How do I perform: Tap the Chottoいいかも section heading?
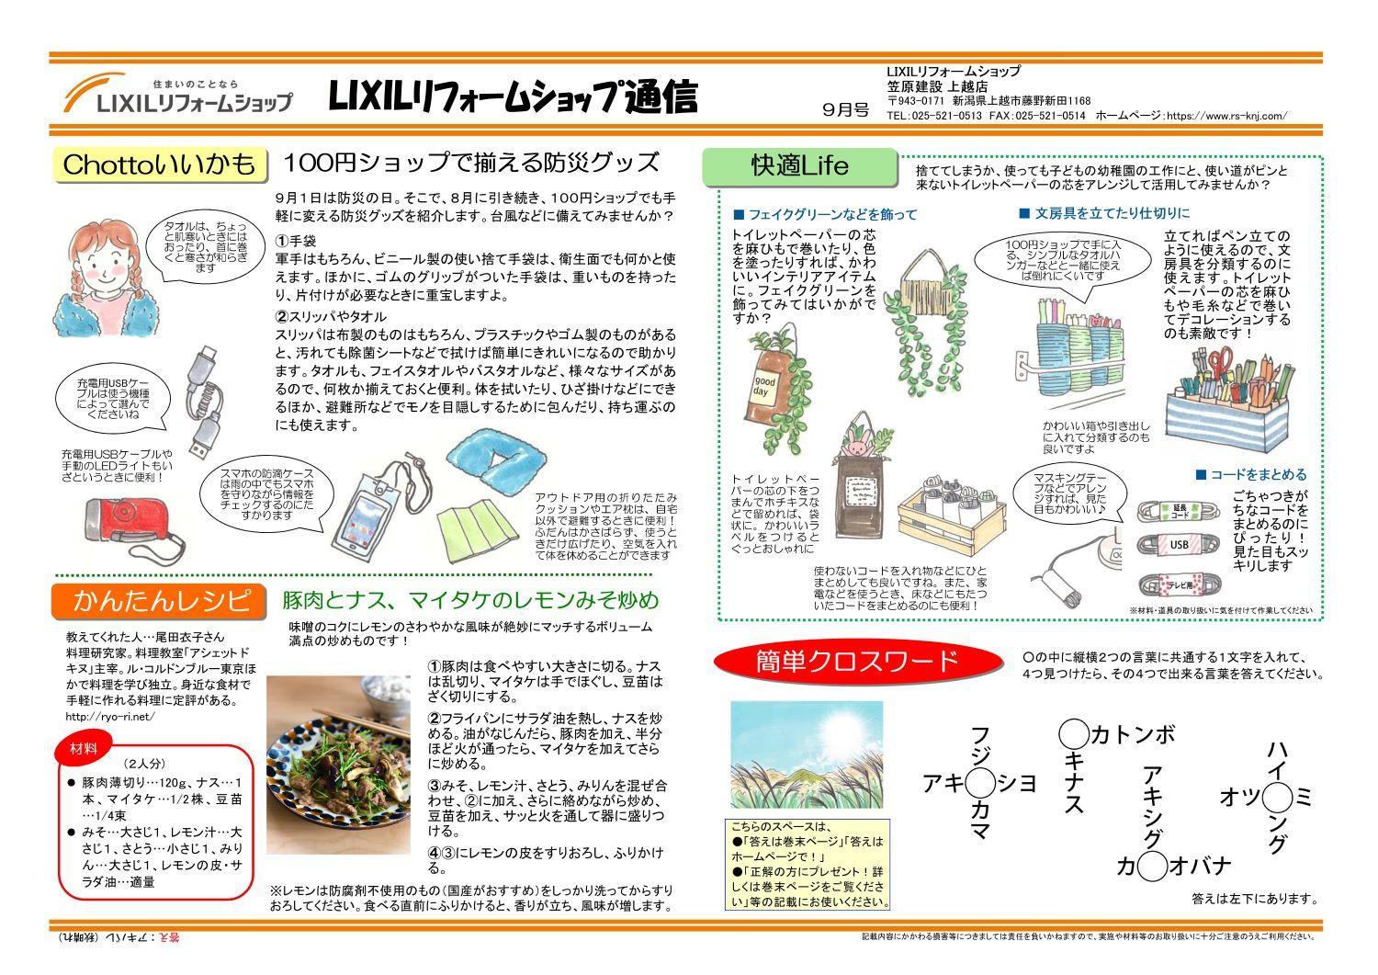pos(159,164)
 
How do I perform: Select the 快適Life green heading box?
pos(798,166)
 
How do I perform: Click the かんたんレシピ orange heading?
pos(162,601)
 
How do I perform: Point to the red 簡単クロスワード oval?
pos(856,661)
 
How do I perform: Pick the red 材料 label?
pos(85,748)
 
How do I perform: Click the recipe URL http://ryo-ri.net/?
pos(111,716)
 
